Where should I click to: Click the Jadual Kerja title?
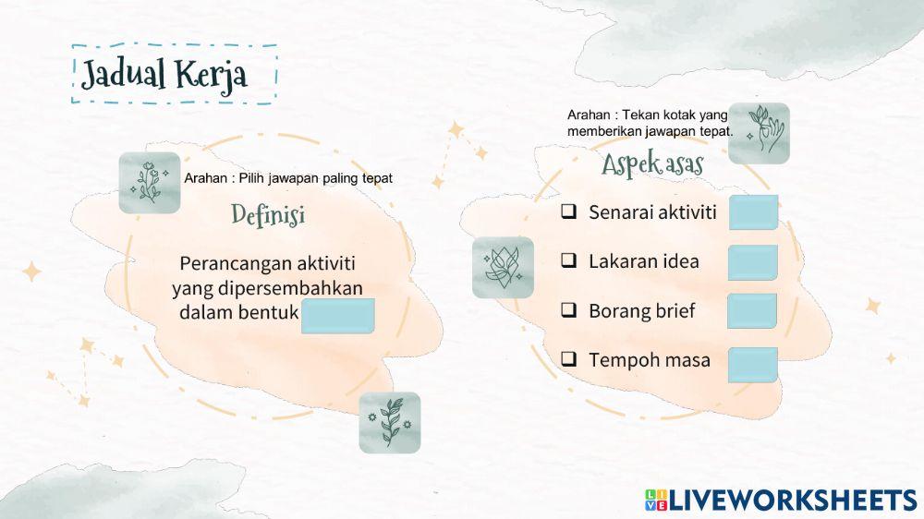(x=164, y=75)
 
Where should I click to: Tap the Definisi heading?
(x=268, y=216)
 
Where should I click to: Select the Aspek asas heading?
(x=652, y=166)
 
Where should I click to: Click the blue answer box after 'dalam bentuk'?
(x=338, y=316)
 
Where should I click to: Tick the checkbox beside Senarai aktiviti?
(x=569, y=212)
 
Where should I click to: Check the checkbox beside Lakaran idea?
(x=569, y=261)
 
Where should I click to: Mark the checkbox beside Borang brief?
(x=569, y=310)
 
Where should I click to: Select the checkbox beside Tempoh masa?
(x=569, y=359)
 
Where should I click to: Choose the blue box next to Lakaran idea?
(x=752, y=262)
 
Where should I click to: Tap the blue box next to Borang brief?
(x=752, y=311)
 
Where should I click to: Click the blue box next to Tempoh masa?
(x=752, y=364)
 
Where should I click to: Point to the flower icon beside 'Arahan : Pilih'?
(x=149, y=182)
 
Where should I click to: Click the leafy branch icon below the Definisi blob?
(x=389, y=422)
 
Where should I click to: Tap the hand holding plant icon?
(x=759, y=133)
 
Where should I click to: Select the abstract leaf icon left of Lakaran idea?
(x=503, y=267)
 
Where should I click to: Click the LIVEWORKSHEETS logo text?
(x=793, y=501)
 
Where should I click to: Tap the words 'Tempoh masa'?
(x=650, y=360)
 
